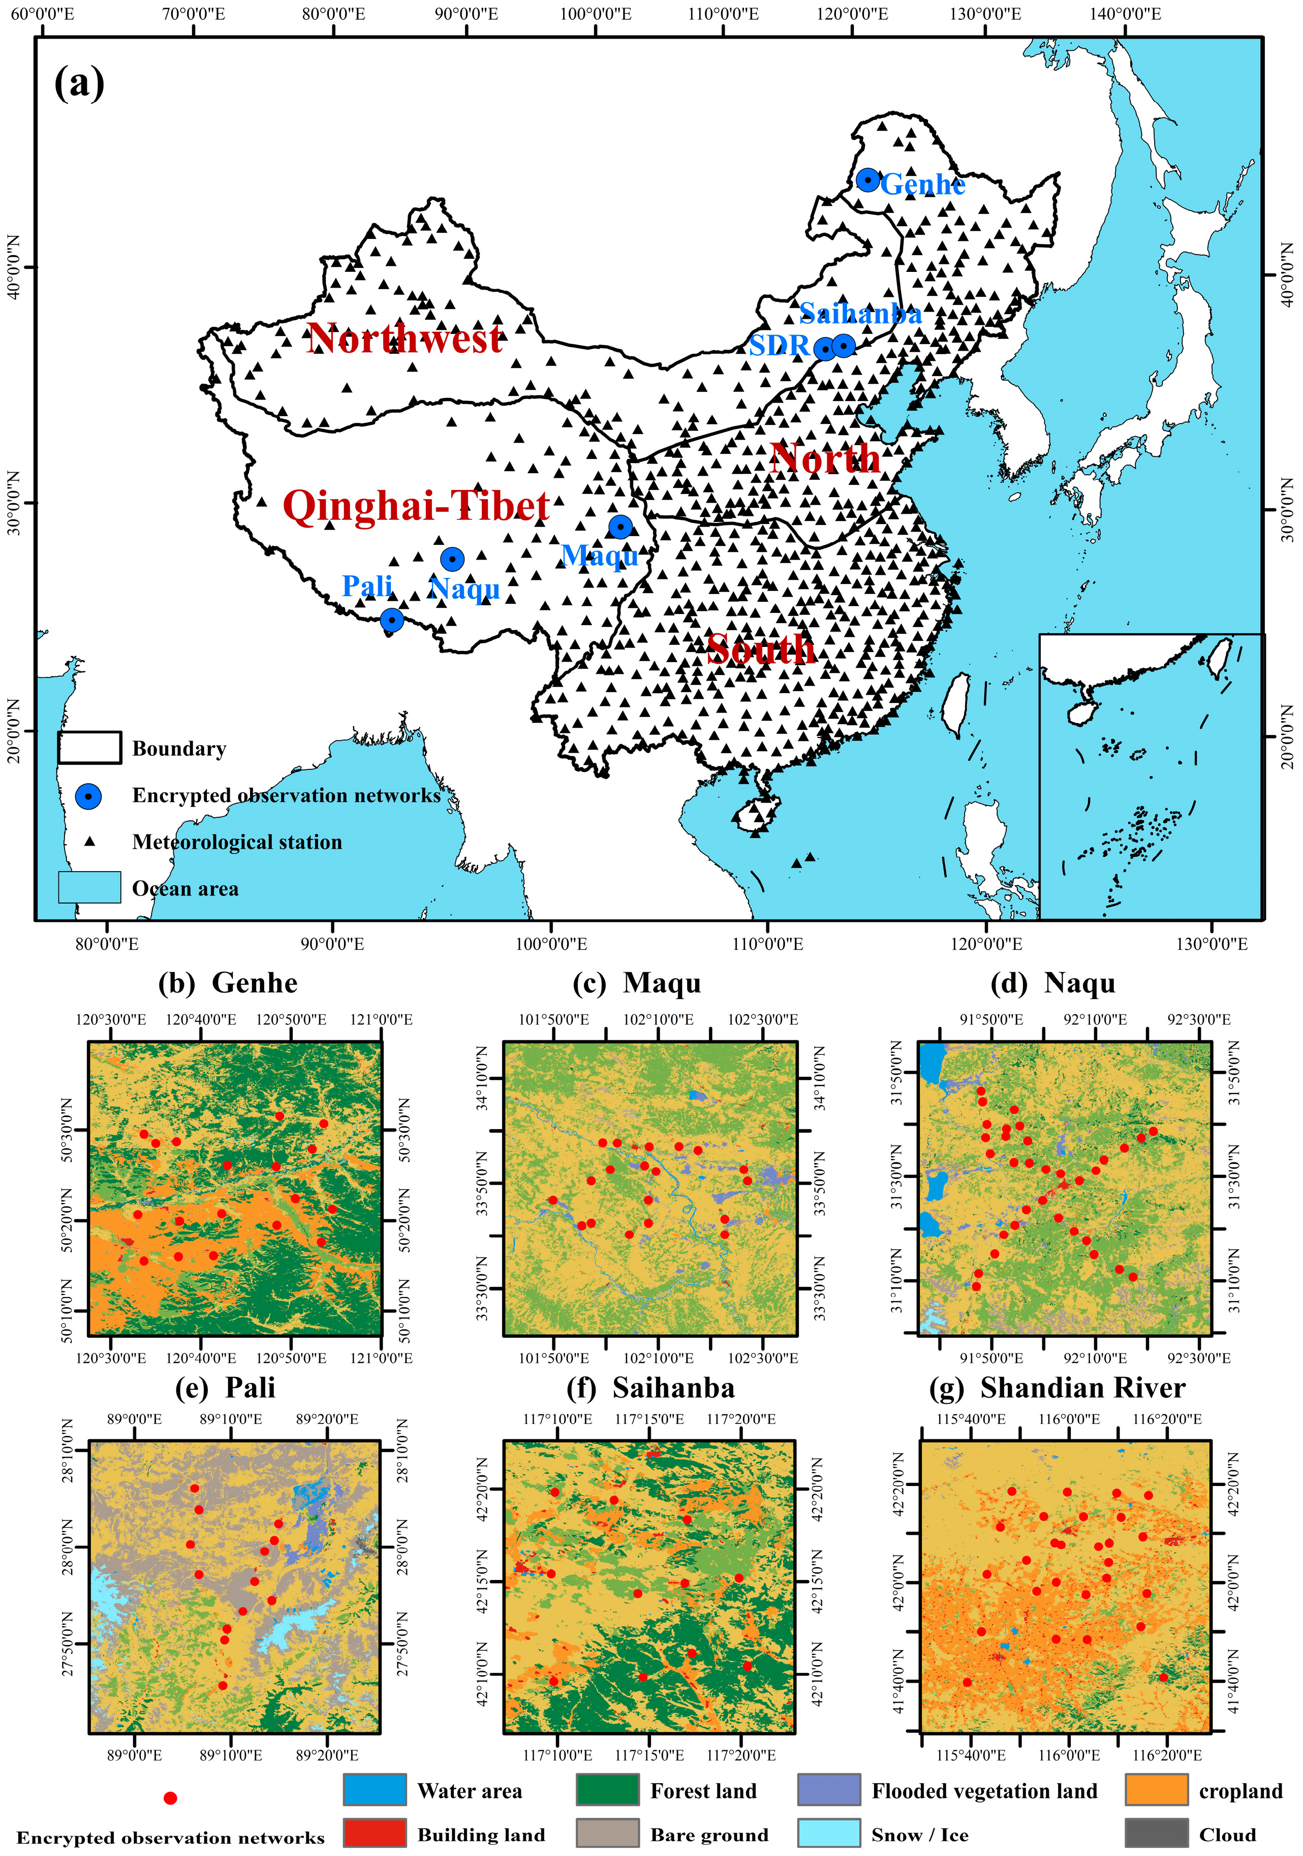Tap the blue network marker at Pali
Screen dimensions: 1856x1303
[391, 620]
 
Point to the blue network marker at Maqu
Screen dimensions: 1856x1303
[620, 526]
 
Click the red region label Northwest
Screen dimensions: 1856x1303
[405, 338]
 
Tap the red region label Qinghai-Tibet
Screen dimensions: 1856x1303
[416, 506]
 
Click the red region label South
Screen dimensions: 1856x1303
[761, 649]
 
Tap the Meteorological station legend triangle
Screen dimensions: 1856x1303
[90, 842]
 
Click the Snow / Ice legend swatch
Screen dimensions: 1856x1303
[828, 1833]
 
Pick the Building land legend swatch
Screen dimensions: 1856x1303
[374, 1833]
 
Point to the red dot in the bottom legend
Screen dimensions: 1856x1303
[170, 1798]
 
